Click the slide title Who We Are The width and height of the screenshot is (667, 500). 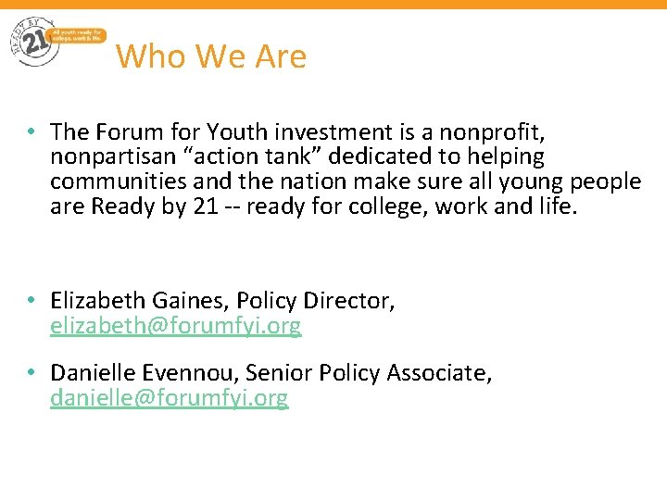click(211, 56)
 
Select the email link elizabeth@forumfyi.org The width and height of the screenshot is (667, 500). click(176, 326)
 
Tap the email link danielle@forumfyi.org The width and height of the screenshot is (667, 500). click(170, 398)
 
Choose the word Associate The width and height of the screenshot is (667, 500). click(438, 373)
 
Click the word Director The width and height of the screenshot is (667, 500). click(353, 301)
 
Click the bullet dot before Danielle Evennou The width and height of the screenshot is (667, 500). click(31, 373)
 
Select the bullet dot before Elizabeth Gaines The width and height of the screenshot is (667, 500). click(31, 301)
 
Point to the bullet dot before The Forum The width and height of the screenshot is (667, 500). click(31, 132)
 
